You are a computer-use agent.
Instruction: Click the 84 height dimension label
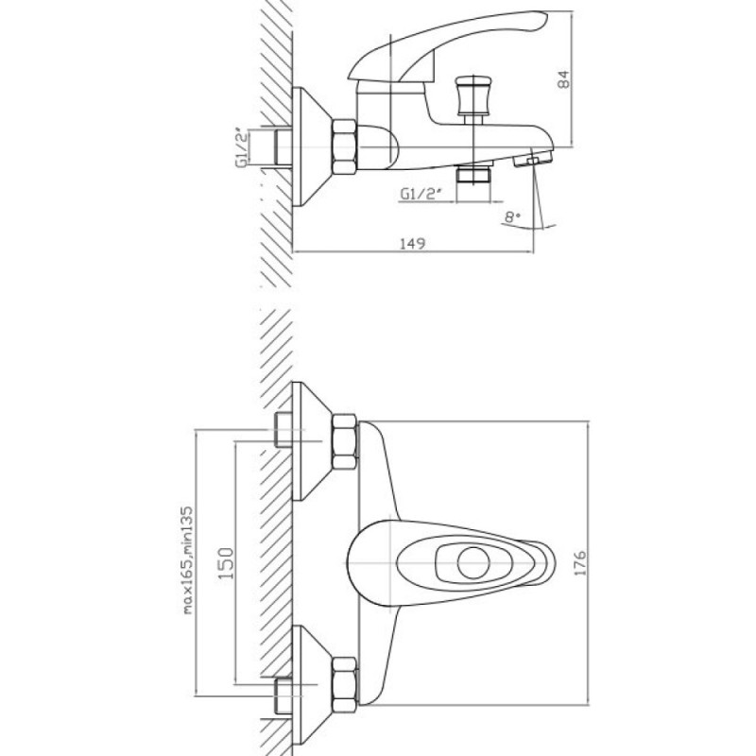coord(562,79)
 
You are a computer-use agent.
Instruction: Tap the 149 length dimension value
coord(413,244)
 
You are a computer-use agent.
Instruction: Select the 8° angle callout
coord(512,216)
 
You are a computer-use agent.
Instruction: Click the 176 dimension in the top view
coord(579,562)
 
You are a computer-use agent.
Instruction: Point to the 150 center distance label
coord(226,562)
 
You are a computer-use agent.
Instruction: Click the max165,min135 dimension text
coord(187,559)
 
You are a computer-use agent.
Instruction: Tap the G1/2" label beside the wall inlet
coord(243,147)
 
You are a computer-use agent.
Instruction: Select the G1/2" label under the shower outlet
coord(421,194)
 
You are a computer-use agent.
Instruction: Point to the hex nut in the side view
coord(344,147)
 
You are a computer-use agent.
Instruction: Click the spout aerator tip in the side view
coord(533,158)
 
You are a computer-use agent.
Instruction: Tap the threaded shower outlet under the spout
coord(474,174)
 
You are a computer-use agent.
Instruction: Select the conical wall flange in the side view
coord(312,146)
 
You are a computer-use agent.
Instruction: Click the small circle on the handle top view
coord(473,562)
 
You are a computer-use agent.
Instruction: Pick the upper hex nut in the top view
coord(344,441)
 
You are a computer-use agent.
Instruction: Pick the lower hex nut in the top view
coord(344,684)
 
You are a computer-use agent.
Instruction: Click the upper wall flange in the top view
coord(312,441)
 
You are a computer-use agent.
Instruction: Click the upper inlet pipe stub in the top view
coord(283,430)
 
